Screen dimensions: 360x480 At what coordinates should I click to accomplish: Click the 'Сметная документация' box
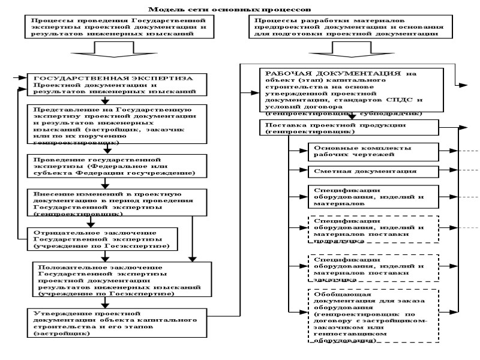[x=372, y=172]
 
